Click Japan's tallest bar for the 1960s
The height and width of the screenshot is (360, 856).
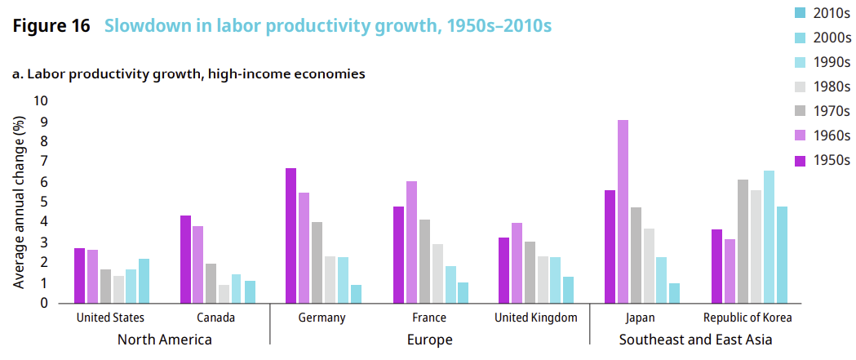[x=623, y=211]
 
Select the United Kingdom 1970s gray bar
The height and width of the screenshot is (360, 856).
[x=530, y=272]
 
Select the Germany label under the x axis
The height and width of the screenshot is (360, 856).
[x=322, y=318]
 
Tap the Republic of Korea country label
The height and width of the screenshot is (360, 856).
[x=747, y=318]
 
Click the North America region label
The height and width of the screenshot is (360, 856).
[x=165, y=339]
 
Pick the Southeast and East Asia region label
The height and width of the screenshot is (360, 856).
[x=695, y=339]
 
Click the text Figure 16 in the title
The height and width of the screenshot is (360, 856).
[x=51, y=26]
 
